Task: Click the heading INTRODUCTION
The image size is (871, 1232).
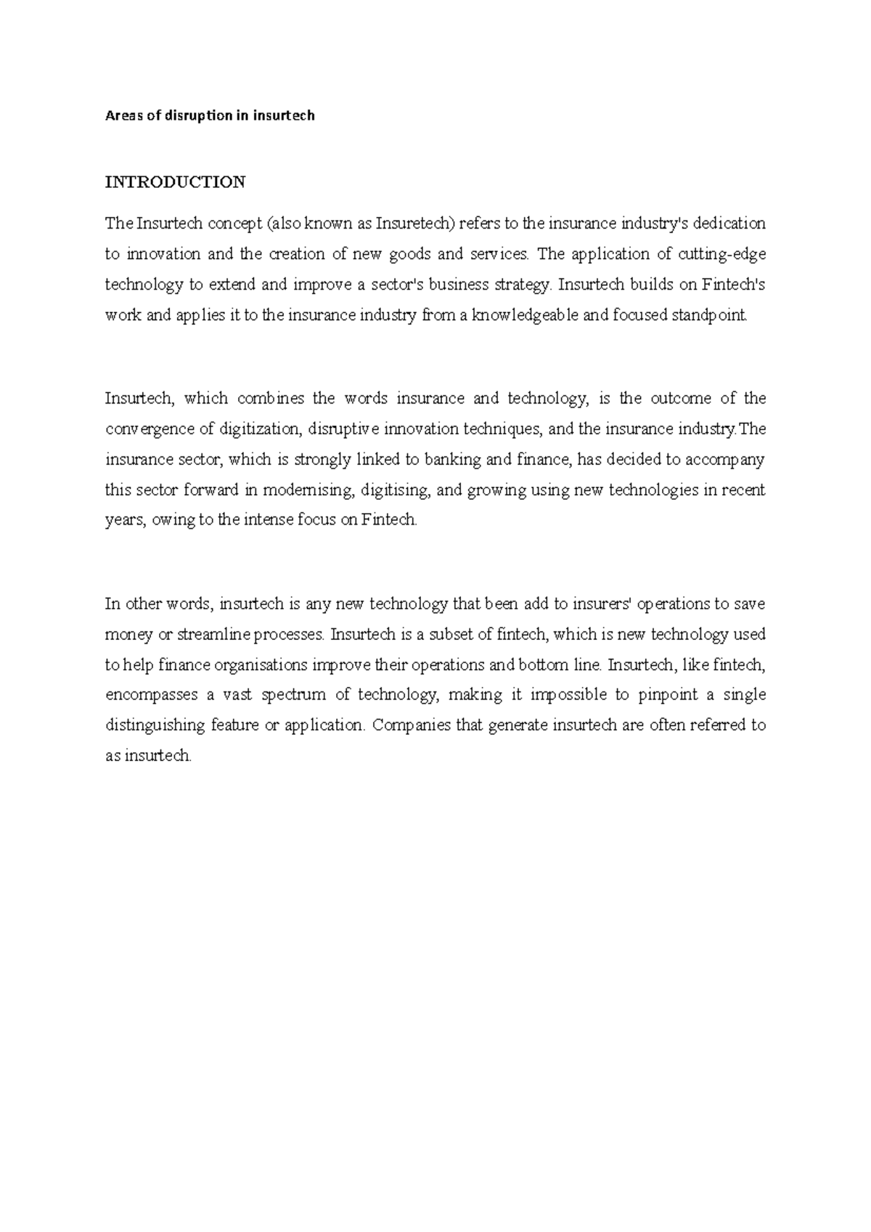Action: tap(175, 182)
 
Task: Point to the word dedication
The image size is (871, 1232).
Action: tap(729, 223)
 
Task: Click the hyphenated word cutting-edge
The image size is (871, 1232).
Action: tap(721, 254)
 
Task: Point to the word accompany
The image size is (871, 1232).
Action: tap(727, 459)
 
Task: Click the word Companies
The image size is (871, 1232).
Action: tap(411, 726)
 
